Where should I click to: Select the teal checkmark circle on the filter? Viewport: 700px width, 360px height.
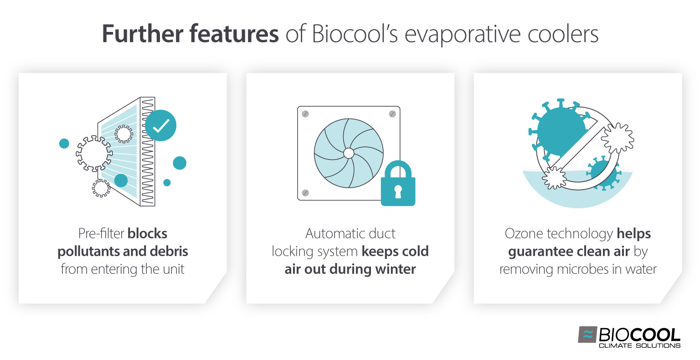[x=160, y=125]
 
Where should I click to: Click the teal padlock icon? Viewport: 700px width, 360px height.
[x=398, y=185]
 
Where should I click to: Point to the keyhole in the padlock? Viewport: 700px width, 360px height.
[x=398, y=191]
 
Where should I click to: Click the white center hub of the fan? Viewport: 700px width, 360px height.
[x=349, y=153]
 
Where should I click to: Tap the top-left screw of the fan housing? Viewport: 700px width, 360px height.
[x=305, y=114]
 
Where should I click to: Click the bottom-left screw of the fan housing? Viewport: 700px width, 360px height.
[x=305, y=193]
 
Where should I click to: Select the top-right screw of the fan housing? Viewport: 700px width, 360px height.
[x=392, y=114]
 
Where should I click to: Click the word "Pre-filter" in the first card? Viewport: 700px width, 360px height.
[x=101, y=234]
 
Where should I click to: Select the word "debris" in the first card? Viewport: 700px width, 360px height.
[x=170, y=252]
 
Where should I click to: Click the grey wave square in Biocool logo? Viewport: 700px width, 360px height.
[x=587, y=334]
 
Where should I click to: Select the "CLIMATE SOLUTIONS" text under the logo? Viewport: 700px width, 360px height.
[x=639, y=345]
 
